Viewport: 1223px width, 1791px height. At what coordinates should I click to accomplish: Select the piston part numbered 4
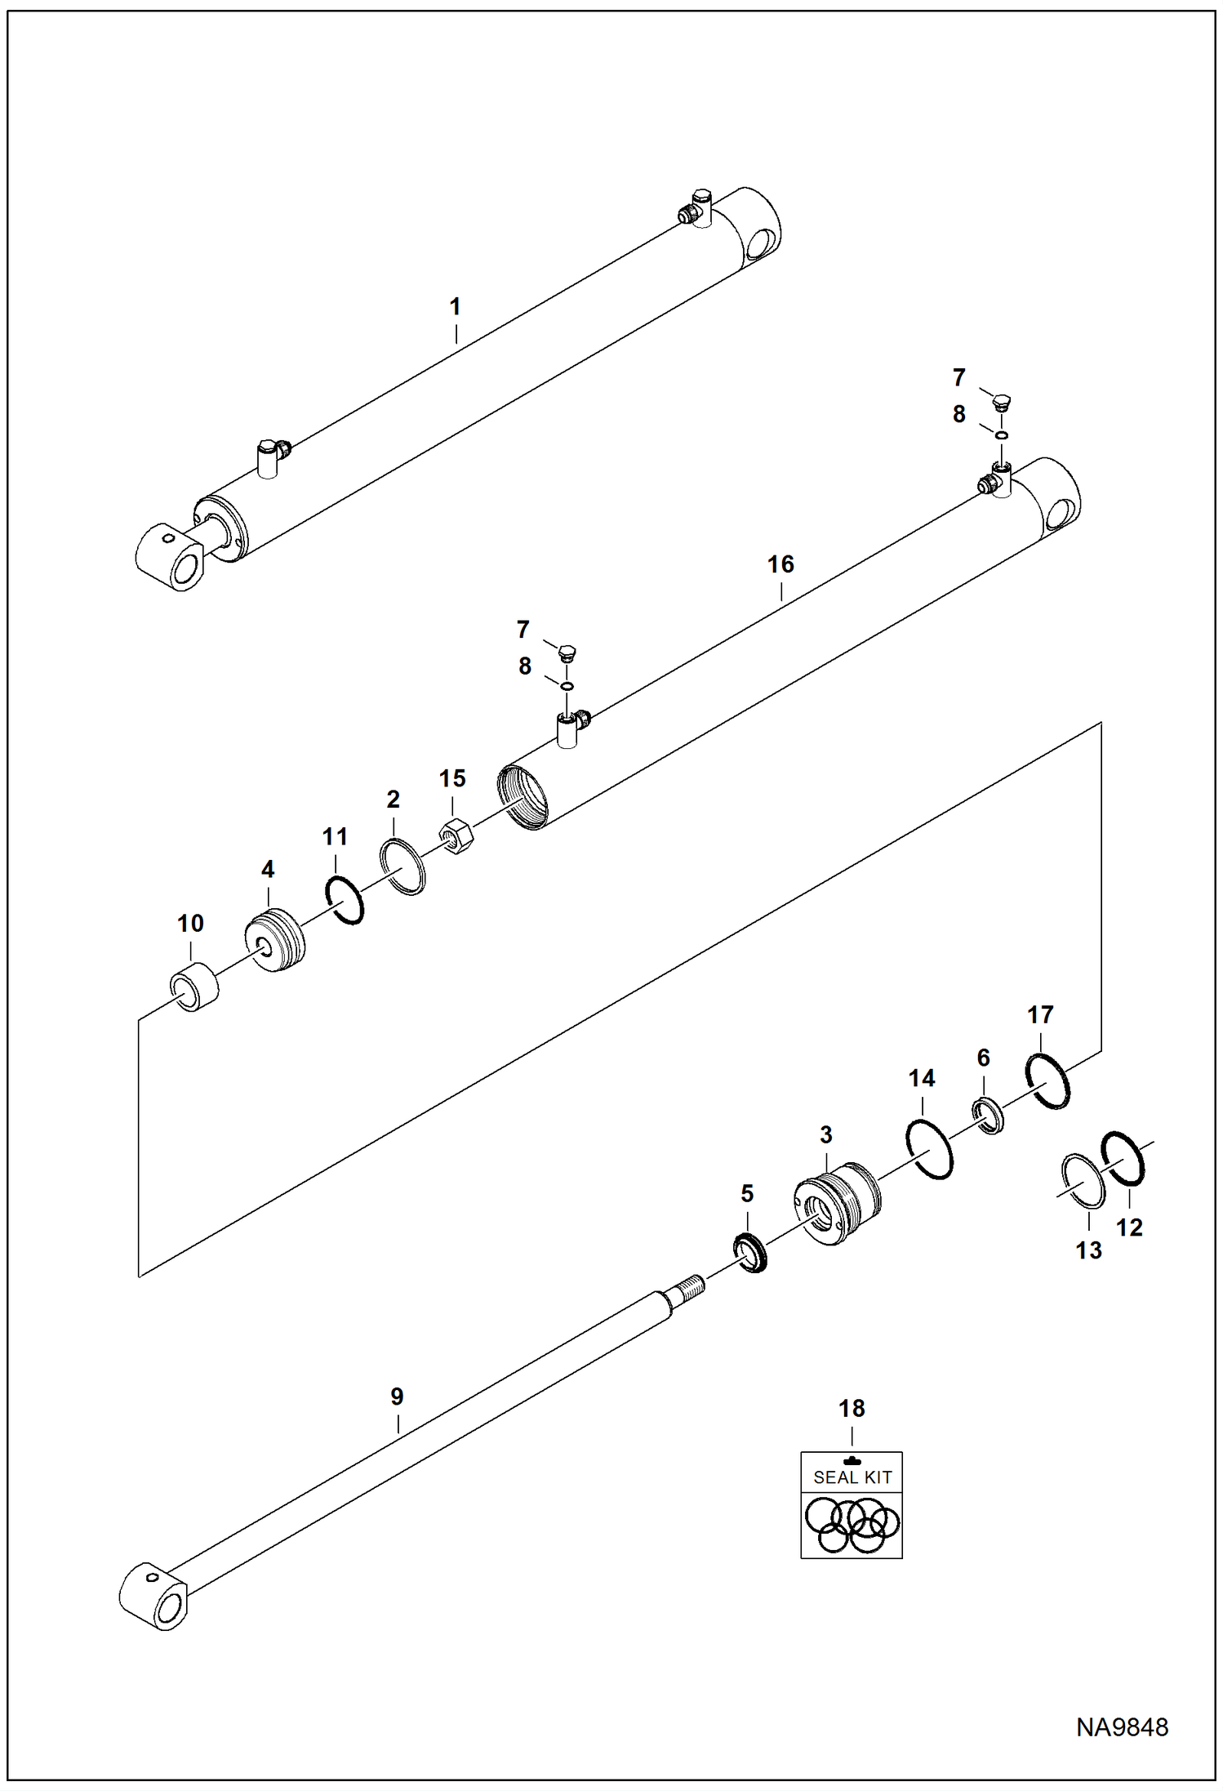click(x=276, y=940)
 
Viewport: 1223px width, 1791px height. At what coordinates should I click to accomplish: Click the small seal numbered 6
click(x=988, y=1116)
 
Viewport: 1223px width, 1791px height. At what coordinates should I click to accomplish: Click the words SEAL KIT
click(x=852, y=1477)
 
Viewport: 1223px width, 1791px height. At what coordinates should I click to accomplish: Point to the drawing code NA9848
click(x=1123, y=1727)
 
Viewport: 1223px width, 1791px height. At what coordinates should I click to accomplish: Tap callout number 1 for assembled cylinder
click(x=456, y=307)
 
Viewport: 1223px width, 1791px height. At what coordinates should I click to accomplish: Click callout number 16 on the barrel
click(x=780, y=564)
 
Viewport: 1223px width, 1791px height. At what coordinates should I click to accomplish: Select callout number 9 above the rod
click(x=397, y=1397)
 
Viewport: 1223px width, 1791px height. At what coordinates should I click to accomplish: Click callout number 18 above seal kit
click(x=852, y=1409)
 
